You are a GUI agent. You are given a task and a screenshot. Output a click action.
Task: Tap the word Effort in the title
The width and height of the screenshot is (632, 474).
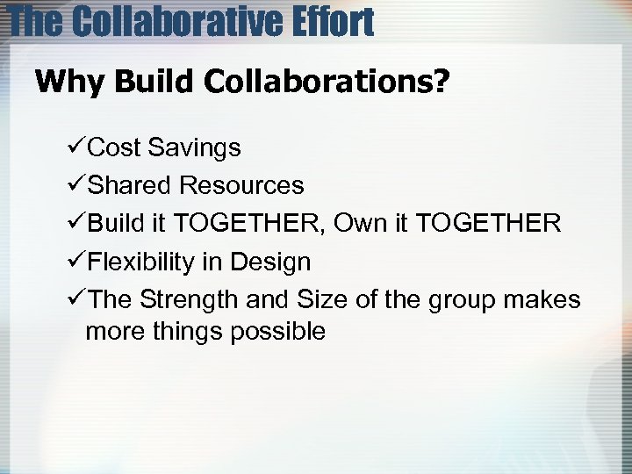336,21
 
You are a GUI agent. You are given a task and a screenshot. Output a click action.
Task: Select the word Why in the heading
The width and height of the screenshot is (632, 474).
69,83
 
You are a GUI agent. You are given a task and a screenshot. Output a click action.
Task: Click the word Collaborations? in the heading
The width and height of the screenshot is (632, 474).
327,83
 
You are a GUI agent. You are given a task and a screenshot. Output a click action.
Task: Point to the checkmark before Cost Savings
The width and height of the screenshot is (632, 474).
77,147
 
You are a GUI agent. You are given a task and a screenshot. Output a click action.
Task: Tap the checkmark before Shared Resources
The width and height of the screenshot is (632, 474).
77,185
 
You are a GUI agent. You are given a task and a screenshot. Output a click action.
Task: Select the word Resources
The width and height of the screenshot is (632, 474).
241,185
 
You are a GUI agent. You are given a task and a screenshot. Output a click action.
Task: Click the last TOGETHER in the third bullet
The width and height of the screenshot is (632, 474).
488,223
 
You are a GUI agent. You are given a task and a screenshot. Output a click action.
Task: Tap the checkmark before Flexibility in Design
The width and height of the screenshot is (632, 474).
77,262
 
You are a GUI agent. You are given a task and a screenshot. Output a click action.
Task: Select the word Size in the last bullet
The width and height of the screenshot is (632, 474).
322,299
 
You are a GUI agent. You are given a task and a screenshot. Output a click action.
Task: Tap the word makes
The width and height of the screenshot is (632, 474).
545,299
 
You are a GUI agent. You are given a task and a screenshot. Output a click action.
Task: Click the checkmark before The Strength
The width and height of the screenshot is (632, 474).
77,299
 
